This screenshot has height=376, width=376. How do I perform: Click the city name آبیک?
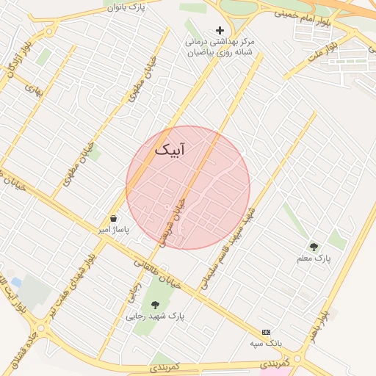point(170,150)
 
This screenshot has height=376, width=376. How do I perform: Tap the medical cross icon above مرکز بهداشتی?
point(220,30)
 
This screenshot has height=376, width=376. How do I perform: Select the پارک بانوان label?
point(121,7)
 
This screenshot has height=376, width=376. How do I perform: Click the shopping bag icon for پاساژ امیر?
point(113,218)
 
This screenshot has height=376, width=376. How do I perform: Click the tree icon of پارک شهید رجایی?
point(155,304)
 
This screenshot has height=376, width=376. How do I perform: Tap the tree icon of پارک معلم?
point(314,247)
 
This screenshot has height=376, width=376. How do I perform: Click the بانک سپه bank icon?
point(266,332)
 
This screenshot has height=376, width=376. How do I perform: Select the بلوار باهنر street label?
point(320,323)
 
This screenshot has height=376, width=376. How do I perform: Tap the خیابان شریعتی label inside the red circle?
point(173,219)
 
